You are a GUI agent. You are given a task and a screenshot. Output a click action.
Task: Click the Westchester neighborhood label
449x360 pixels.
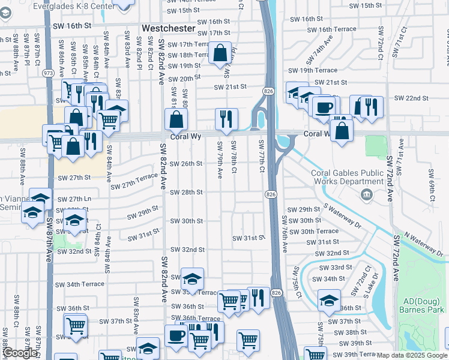point(169,28)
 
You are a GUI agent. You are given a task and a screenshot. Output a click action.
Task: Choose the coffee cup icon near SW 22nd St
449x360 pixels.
point(324,107)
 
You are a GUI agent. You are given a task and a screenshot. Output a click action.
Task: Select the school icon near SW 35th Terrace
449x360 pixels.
point(192,279)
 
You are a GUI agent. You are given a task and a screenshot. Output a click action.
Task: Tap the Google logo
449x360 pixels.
point(20,353)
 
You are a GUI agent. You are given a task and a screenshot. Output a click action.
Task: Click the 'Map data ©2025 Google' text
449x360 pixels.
point(412,355)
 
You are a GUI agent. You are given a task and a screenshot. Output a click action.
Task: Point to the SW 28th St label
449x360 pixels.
point(186,192)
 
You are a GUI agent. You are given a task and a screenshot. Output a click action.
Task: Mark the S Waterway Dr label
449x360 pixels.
point(343,215)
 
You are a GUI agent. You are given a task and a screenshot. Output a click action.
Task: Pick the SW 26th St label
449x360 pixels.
point(186,163)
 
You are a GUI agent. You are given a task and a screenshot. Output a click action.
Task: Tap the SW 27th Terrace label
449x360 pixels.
point(134,181)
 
